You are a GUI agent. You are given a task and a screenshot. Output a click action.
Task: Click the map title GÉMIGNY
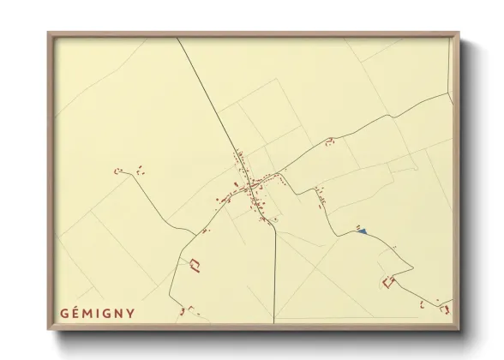pyautogui.click(x=98, y=313)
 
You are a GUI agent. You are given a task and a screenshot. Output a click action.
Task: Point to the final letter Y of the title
pyautogui.click(x=130, y=313)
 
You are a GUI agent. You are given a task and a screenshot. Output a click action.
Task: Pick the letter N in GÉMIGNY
pyautogui.click(x=119, y=313)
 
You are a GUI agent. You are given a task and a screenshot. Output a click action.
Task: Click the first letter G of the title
pyautogui.click(x=64, y=313)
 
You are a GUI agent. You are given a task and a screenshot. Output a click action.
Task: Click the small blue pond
pyautogui.click(x=363, y=231)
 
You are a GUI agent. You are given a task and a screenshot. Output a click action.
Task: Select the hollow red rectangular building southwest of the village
pyautogui.click(x=195, y=265)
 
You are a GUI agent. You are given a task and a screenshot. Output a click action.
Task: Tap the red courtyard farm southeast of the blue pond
pyautogui.click(x=389, y=280)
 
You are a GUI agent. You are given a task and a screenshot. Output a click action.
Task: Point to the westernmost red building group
pyautogui.click(x=120, y=171)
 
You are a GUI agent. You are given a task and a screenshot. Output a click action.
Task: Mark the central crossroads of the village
pyautogui.click(x=249, y=184)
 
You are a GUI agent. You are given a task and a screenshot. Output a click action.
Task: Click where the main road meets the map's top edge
pyautogui.click(x=178, y=39)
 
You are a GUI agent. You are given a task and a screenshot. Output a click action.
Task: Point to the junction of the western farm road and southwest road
pyautogui.click(x=197, y=233)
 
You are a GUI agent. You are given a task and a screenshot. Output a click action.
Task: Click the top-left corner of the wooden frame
pyautogui.click(x=49, y=33)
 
